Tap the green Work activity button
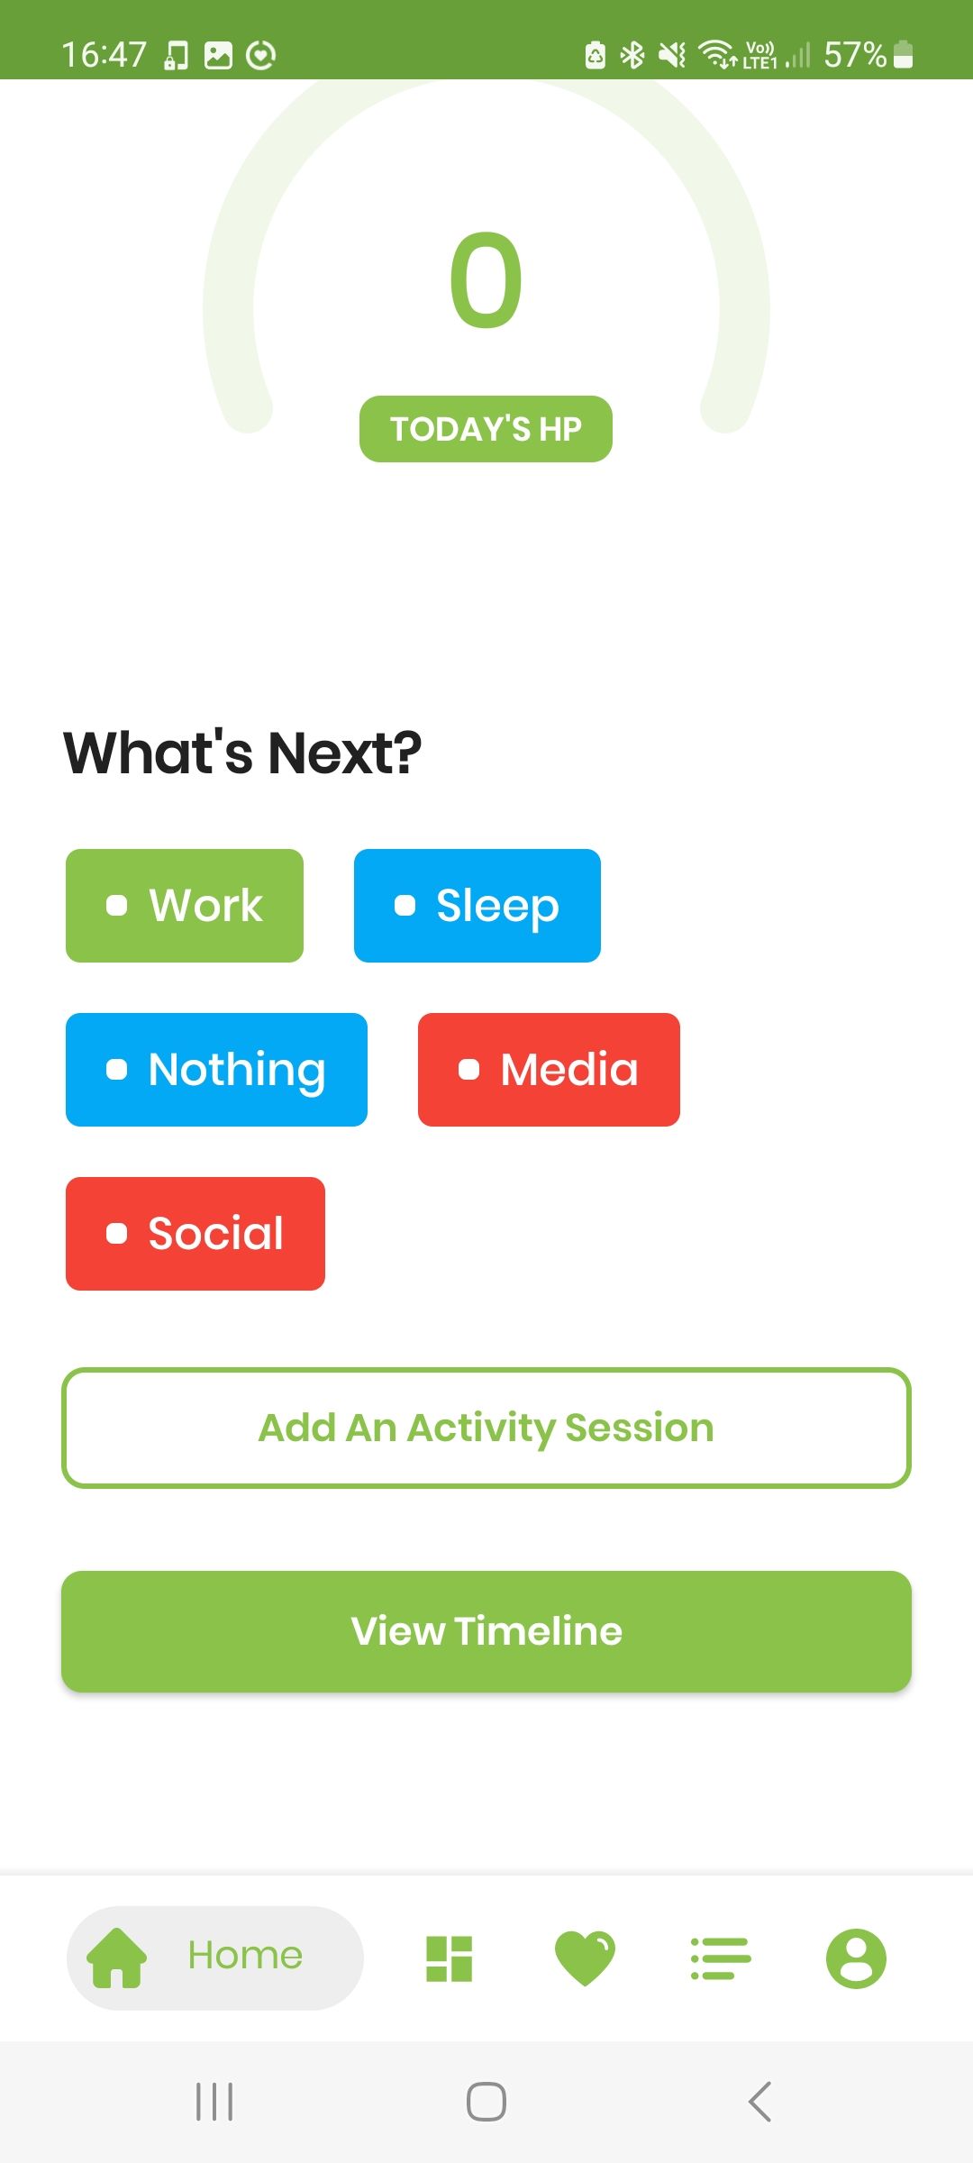(x=185, y=906)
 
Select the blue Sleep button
(x=477, y=906)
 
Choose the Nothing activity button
(x=216, y=1070)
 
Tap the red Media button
(x=549, y=1070)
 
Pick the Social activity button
(x=196, y=1234)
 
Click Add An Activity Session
(x=486, y=1428)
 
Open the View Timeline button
(x=486, y=1631)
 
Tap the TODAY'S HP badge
(x=486, y=429)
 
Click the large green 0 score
(x=486, y=280)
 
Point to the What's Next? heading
(x=242, y=753)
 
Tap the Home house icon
(x=116, y=1958)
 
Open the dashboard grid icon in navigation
(x=449, y=1958)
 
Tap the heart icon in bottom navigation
(x=585, y=1958)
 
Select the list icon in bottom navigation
(x=721, y=1958)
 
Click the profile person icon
(x=856, y=1958)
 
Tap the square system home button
(x=486, y=2102)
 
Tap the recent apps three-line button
(x=214, y=2102)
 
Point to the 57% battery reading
(x=855, y=55)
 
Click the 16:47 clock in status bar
(x=104, y=55)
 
